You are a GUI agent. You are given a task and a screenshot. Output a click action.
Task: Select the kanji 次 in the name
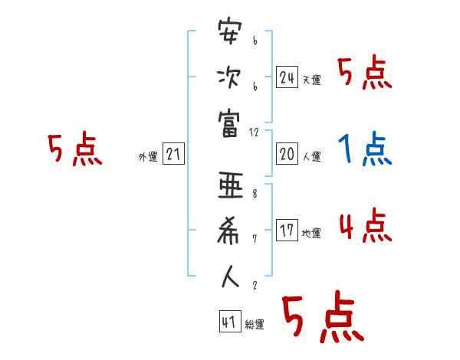pos(229,77)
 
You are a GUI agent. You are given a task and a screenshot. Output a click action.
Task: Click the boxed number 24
pos(287,77)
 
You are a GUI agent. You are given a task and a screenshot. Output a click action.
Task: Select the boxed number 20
pos(287,154)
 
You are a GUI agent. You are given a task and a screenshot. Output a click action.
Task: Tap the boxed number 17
pos(287,230)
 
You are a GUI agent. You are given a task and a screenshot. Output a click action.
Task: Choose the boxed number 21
pos(173,154)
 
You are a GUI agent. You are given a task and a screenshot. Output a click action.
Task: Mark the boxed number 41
pos(229,322)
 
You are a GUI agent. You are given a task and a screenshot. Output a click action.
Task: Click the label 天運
pos(311,80)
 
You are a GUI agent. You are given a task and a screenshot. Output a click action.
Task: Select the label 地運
pos(311,233)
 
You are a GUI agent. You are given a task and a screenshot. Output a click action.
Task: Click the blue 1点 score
pos(365,149)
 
